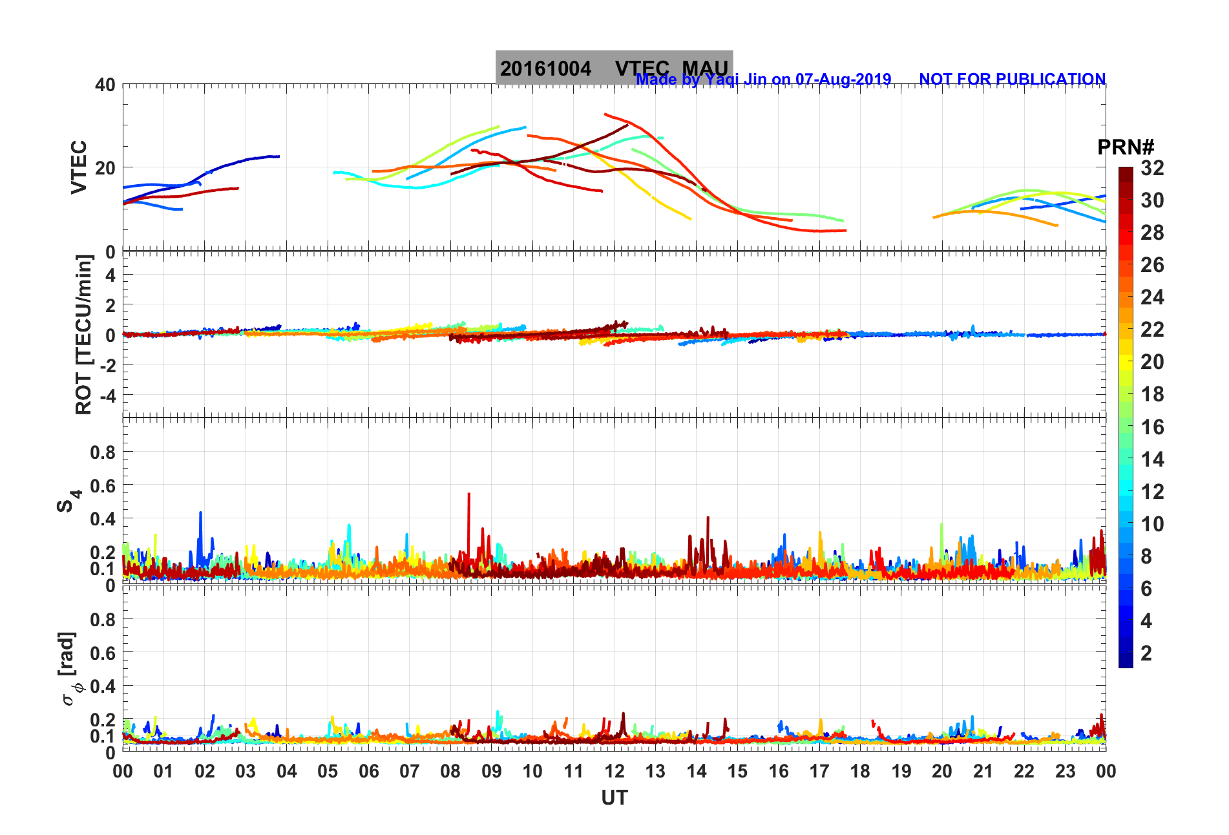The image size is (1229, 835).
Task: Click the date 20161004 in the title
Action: pyautogui.click(x=545, y=69)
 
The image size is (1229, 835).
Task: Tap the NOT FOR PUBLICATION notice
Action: pyautogui.click(x=1012, y=79)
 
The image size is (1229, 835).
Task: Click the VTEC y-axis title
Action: pyautogui.click(x=79, y=167)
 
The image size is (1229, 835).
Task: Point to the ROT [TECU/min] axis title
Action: pyautogui.click(x=84, y=334)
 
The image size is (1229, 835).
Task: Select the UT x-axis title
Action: pyautogui.click(x=614, y=798)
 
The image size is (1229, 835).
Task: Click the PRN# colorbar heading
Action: pyautogui.click(x=1126, y=147)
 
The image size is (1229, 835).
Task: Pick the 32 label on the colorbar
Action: pyautogui.click(x=1152, y=168)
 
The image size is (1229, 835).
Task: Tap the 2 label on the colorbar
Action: pyautogui.click(x=1146, y=653)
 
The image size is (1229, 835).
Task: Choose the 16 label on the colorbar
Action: pyautogui.click(x=1152, y=427)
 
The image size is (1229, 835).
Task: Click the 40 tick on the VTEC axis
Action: pyautogui.click(x=105, y=85)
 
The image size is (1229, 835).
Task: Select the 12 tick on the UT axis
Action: pyautogui.click(x=614, y=771)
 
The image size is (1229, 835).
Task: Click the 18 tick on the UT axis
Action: pyautogui.click(x=860, y=771)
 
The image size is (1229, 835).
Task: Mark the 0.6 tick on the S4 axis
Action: pyautogui.click(x=103, y=485)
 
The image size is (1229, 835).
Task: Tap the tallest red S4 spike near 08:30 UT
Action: pyautogui.click(x=468, y=495)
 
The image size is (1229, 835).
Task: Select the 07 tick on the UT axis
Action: pyautogui.click(x=410, y=771)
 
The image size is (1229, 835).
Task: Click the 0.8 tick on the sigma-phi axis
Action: pyautogui.click(x=103, y=619)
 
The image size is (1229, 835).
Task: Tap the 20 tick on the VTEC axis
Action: pyautogui.click(x=105, y=168)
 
